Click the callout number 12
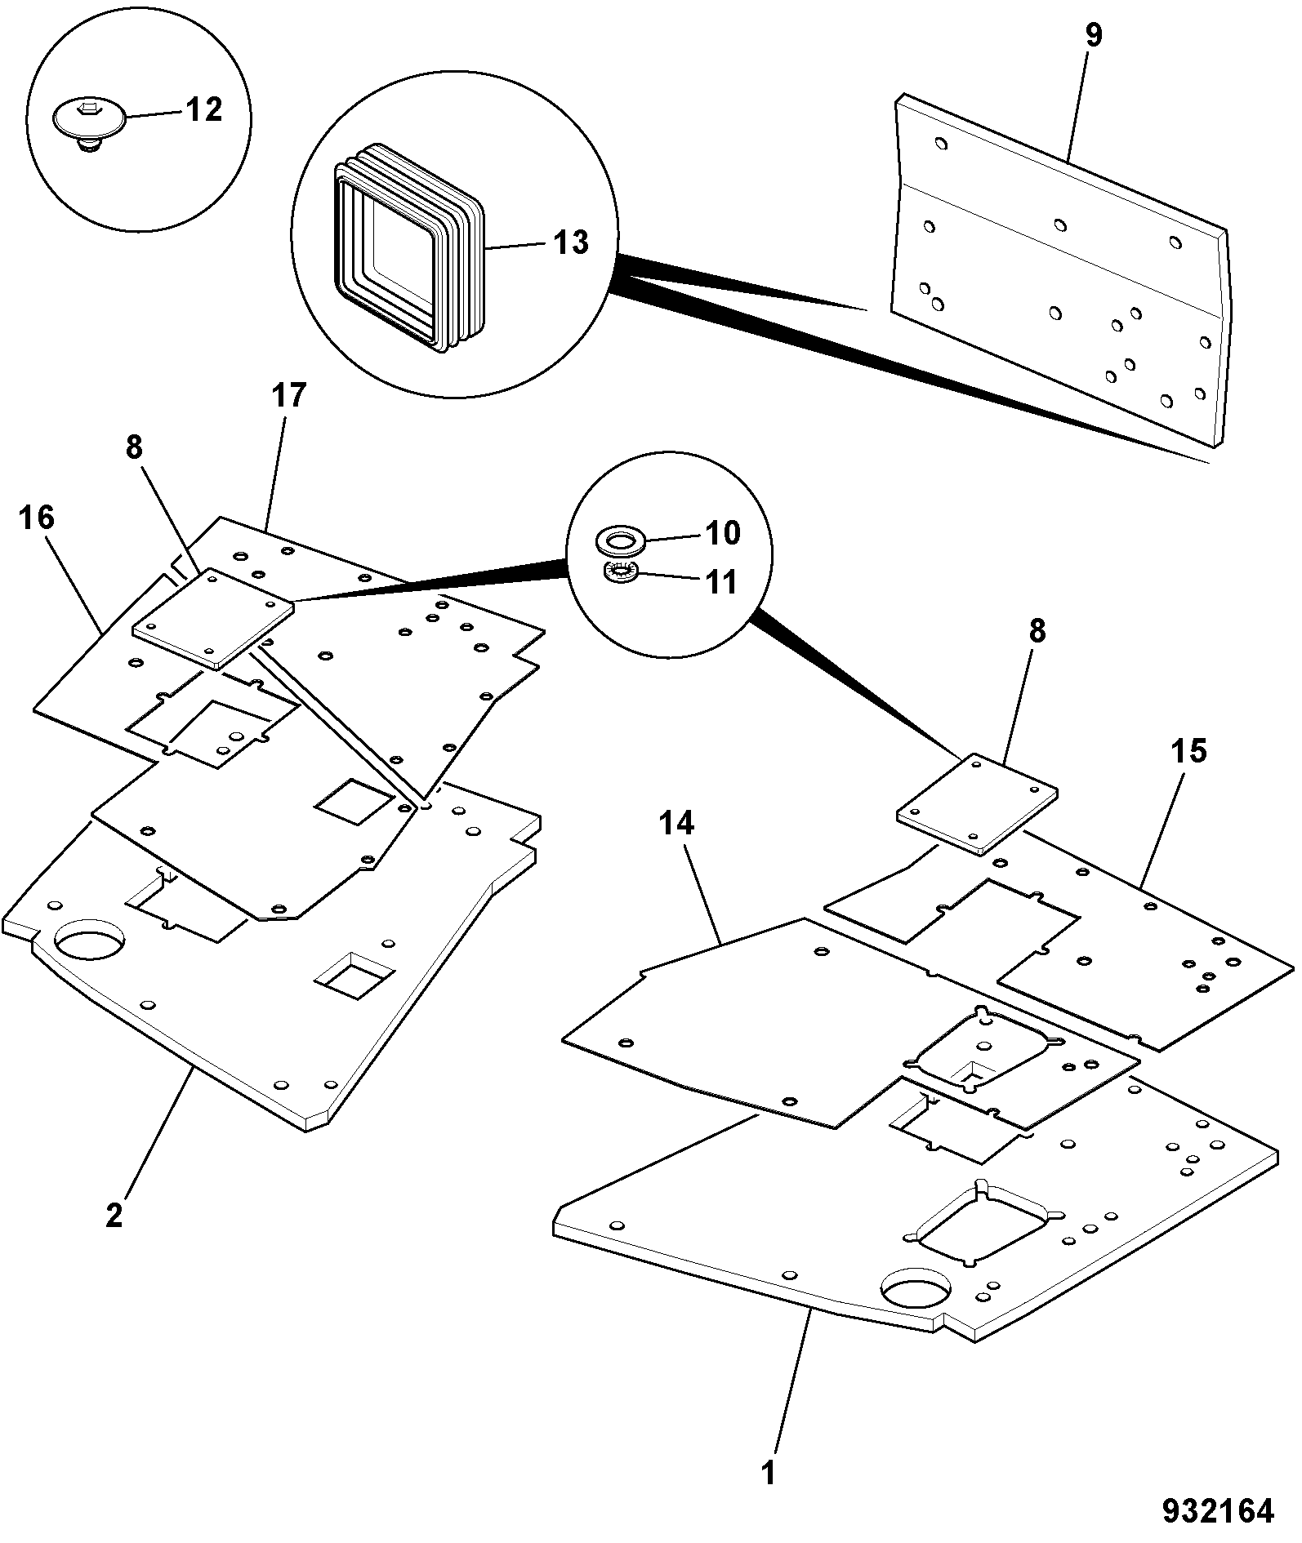[x=203, y=109]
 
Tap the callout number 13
[x=570, y=242]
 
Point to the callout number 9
[x=1093, y=37]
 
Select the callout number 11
[x=720, y=582]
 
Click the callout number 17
[x=288, y=396]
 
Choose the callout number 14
[x=676, y=824]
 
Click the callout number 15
[x=1188, y=751]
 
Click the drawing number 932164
[x=1219, y=1511]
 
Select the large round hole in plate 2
[x=90, y=941]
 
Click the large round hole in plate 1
[x=916, y=1292]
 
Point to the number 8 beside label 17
[x=134, y=447]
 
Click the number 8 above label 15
[x=1037, y=632]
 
